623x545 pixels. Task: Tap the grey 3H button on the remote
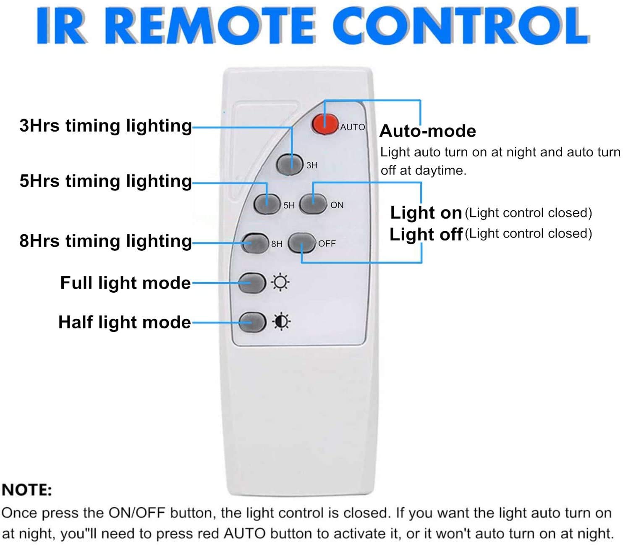click(290, 164)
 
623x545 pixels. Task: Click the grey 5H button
click(267, 204)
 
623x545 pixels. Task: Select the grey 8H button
click(255, 243)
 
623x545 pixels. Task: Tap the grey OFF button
click(301, 243)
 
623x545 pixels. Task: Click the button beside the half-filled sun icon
click(252, 322)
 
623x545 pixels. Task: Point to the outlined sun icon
click(280, 283)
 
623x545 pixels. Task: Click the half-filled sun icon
click(281, 321)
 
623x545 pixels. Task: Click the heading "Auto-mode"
click(427, 131)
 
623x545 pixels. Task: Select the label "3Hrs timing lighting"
click(106, 126)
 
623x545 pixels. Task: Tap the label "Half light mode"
click(125, 322)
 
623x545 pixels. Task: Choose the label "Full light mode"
click(126, 283)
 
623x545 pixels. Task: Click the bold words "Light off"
click(426, 234)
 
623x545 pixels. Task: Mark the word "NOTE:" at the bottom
click(27, 490)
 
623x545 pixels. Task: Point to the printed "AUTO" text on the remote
click(353, 127)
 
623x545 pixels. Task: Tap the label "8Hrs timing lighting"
click(106, 241)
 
